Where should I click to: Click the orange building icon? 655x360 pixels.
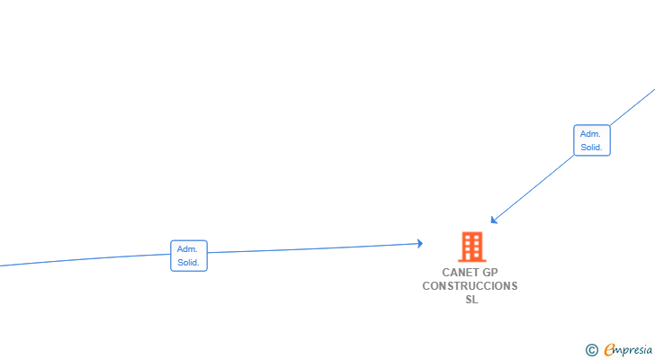click(x=472, y=247)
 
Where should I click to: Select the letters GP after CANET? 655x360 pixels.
click(x=490, y=273)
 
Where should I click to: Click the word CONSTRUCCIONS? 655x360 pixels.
click(x=470, y=286)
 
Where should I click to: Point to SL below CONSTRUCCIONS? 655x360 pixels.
click(x=472, y=300)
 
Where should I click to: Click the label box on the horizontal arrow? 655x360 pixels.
click(x=189, y=256)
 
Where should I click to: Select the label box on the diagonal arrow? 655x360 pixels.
click(x=592, y=140)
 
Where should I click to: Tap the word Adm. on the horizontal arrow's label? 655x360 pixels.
click(x=187, y=249)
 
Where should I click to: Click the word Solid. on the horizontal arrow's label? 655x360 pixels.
click(x=188, y=263)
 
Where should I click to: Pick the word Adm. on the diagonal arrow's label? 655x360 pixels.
click(x=590, y=134)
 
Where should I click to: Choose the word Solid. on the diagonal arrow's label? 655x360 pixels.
click(x=591, y=148)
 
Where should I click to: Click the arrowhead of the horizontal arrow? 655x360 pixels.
click(x=420, y=244)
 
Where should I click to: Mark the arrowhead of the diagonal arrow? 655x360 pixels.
click(x=494, y=220)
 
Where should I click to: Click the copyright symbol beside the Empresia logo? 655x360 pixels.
click(x=591, y=350)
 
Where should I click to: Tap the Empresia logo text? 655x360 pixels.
click(x=628, y=350)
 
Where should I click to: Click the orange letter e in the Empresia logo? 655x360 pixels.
click(x=609, y=349)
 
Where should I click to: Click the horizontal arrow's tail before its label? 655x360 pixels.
click(x=85, y=259)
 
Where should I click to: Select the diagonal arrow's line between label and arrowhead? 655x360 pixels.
click(x=533, y=188)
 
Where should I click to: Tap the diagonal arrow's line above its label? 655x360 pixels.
click(x=633, y=107)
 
